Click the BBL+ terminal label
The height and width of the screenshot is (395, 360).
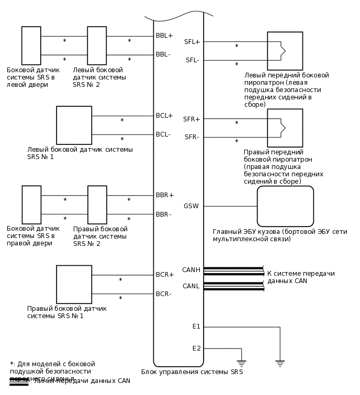(164, 36)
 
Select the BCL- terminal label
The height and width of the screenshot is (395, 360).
(163, 134)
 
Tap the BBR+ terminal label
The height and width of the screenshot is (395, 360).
(164, 195)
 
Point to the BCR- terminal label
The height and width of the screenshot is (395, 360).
(163, 294)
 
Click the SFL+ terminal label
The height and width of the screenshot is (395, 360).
(192, 41)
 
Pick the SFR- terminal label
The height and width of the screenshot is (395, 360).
(192, 137)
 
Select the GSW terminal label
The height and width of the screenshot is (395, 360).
(191, 206)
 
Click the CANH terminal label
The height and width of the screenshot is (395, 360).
(191, 270)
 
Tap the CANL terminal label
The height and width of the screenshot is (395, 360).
(191, 286)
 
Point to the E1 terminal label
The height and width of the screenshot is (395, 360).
(196, 326)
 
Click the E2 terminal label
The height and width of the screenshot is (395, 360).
(196, 348)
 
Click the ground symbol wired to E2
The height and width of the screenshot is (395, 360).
(241, 363)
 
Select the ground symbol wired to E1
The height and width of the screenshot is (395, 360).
(280, 363)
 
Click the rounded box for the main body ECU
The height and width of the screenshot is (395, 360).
(285, 206)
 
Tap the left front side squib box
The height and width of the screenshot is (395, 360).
(285, 51)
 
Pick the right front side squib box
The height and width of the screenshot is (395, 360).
(285, 128)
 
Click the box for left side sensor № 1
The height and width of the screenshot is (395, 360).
(74, 125)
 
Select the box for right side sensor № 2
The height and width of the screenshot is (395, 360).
(97, 205)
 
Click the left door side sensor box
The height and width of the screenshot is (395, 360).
(31, 46)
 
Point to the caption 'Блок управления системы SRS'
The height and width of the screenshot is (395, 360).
(192, 372)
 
